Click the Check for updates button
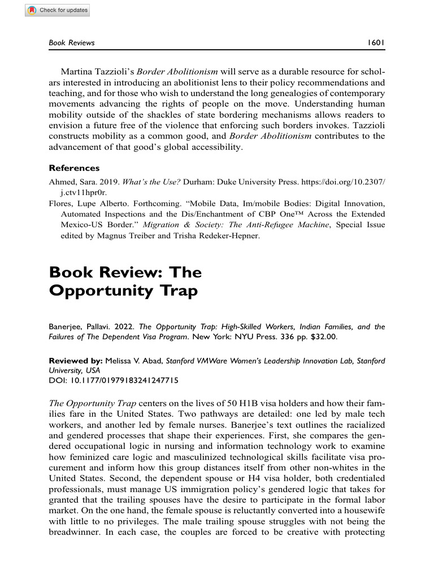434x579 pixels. point(57,11)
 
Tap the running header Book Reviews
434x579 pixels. point(72,42)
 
